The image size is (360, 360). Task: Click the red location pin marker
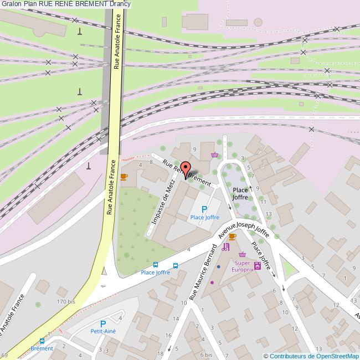[185, 170]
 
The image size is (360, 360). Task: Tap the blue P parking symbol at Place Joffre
[204, 209]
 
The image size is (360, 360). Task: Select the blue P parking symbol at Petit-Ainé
[102, 323]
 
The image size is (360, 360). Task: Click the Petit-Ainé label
[103, 331]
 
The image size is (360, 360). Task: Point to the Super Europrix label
[243, 266]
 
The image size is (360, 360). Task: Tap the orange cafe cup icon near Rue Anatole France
[124, 177]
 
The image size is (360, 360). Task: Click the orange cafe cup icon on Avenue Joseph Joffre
[232, 236]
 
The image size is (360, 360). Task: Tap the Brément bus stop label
[42, 348]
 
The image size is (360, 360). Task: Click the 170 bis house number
[66, 301]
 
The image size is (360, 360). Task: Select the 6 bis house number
[206, 354]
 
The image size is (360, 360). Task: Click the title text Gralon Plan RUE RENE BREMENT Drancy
[65, 4]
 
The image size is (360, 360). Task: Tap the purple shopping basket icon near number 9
[214, 155]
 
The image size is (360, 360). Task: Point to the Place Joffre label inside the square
[240, 193]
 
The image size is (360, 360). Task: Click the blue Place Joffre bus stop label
[155, 272]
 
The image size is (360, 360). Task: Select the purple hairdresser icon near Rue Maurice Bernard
[225, 247]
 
